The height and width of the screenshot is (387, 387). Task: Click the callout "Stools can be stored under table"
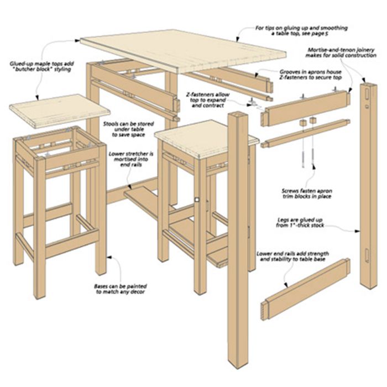[x=128, y=129]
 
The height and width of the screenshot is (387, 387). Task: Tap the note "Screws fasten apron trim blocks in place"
[x=307, y=193]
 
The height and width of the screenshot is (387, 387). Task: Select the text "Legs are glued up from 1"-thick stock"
[x=300, y=223]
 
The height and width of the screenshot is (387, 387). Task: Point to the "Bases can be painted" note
[x=121, y=289]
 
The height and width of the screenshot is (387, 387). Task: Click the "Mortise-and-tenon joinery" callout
[x=341, y=53]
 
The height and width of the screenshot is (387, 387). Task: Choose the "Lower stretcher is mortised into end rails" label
[x=131, y=159]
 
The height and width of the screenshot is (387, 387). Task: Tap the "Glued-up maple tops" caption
[x=41, y=67]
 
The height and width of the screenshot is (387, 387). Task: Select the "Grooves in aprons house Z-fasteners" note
[x=311, y=75]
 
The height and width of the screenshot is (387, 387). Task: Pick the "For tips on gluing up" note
[x=301, y=31]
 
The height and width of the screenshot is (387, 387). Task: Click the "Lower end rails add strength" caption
[x=292, y=257]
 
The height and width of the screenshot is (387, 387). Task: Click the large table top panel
[x=183, y=51]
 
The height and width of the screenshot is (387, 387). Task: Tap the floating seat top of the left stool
[x=60, y=111]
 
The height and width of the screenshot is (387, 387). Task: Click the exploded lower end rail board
[x=306, y=289]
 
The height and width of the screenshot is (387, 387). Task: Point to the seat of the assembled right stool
[x=207, y=138]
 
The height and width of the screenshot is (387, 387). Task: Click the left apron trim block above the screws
[x=304, y=123]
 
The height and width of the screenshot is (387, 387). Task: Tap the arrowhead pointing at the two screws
[x=313, y=166]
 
